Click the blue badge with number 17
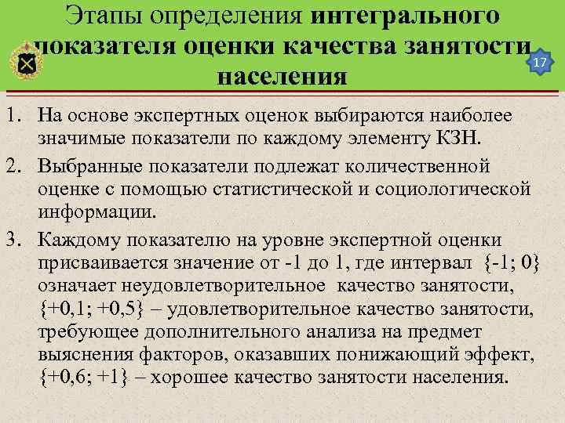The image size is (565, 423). pos(538,62)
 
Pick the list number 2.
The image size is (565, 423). pos(10,167)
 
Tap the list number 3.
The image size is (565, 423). pos(10,238)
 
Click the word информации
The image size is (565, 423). pos(97,213)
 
